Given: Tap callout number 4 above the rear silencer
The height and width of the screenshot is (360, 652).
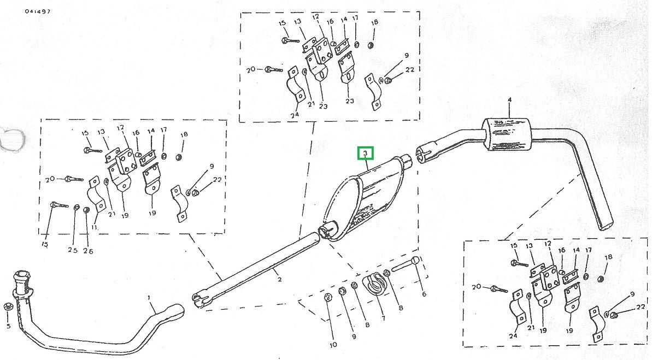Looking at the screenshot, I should tap(509, 100).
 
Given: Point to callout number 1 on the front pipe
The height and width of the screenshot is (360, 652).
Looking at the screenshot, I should tap(149, 298).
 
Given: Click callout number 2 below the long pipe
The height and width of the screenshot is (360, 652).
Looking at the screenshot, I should tap(279, 280).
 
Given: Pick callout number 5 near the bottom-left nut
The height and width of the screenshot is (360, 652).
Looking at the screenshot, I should tap(8, 326).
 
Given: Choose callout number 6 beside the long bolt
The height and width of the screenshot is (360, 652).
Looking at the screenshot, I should tap(424, 294).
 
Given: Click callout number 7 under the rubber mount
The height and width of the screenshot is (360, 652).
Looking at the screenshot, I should tap(383, 318).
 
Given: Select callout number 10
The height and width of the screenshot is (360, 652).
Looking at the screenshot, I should tap(333, 345).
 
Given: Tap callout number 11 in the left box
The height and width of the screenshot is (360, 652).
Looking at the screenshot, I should tap(94, 227).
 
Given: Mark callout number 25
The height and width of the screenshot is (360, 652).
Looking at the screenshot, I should tap(73, 251).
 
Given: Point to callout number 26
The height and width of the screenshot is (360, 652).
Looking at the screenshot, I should tap(88, 251).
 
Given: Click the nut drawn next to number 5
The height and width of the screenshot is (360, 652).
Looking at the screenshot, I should tap(8, 307).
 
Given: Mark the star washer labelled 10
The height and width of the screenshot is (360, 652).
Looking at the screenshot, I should tap(328, 298).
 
